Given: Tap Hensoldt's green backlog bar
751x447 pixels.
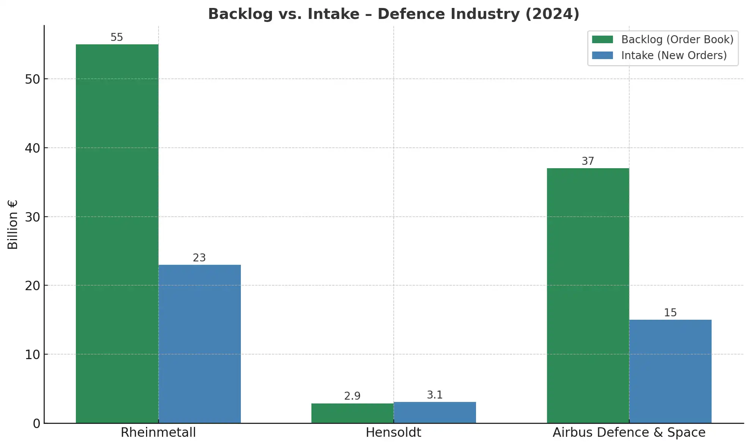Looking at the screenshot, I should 352,413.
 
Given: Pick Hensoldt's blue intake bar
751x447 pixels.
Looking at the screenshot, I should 435,413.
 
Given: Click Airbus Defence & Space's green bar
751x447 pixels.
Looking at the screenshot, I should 588,295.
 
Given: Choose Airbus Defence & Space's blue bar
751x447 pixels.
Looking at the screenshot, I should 670,371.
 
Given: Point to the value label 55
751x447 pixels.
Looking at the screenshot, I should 117,38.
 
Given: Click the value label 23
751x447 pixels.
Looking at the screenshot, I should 199,258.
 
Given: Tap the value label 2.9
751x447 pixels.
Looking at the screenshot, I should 352,396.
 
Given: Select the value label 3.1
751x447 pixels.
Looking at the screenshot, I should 435,395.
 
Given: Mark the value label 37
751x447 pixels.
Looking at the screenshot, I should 588,161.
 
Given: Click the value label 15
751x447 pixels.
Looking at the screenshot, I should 670,313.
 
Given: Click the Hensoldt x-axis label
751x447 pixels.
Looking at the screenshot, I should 393,433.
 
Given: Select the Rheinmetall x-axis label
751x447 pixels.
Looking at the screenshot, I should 158,433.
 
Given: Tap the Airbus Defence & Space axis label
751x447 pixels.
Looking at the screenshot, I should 629,433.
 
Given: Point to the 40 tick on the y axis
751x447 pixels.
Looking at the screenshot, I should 32,148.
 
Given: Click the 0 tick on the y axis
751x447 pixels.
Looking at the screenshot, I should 36,424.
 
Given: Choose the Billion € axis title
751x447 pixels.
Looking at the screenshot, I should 13,224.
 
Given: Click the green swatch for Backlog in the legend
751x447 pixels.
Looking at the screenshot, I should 602,39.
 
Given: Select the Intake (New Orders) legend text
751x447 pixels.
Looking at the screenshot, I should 674,56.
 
